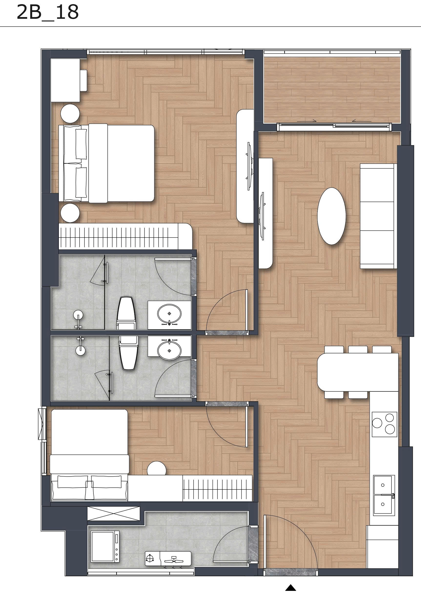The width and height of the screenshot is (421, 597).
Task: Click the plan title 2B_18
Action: coord(48,12)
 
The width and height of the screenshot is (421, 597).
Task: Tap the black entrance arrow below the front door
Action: coord(291,587)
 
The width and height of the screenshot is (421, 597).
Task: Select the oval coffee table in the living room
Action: coord(331,216)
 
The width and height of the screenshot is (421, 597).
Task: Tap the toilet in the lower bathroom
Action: coord(128,352)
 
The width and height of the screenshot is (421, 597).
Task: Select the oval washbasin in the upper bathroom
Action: coord(169,314)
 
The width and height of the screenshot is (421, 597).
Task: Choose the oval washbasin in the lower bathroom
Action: coord(169,350)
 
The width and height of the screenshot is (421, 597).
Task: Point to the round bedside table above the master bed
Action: coord(70,114)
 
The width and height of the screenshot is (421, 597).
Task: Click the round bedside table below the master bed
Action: coord(70,213)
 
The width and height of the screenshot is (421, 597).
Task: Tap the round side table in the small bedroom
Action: coord(156,468)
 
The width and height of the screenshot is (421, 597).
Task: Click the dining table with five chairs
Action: coord(358,372)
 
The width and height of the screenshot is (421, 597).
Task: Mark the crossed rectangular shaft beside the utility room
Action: coord(113,513)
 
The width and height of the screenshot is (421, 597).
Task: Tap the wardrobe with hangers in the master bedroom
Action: coord(122,236)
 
